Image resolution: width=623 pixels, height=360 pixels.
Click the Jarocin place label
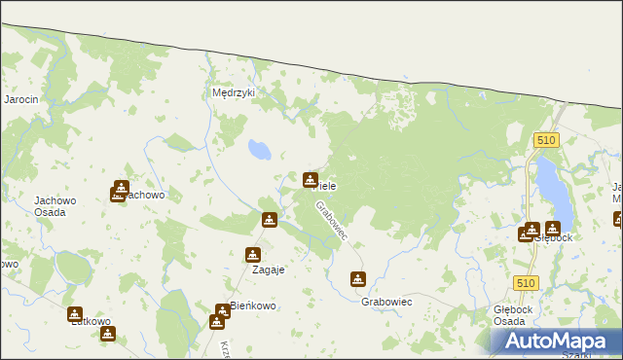click(x=20, y=99)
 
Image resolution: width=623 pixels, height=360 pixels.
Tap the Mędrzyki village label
click(x=233, y=93)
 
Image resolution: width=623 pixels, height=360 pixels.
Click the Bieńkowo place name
click(x=252, y=306)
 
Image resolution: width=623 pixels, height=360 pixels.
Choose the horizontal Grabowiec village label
click(x=386, y=303)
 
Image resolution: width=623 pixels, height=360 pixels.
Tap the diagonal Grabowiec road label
click(x=332, y=223)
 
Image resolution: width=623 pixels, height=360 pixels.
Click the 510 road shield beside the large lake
click(x=546, y=141)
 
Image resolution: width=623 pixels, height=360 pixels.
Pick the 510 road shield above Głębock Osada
click(x=527, y=282)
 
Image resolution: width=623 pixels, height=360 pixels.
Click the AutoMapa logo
click(x=557, y=342)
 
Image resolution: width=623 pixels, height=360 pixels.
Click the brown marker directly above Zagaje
click(x=253, y=255)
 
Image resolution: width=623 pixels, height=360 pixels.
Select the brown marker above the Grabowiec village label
click(x=358, y=279)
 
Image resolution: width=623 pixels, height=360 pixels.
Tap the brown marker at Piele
click(x=311, y=179)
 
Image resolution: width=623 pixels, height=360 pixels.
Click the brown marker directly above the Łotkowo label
click(x=75, y=314)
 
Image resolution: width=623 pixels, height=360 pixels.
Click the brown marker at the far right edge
click(x=618, y=219)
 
